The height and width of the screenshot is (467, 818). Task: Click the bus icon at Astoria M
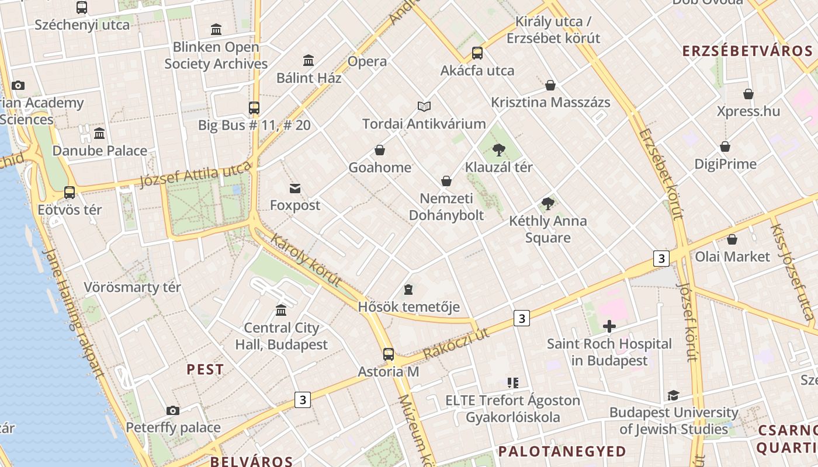pyautogui.click(x=388, y=354)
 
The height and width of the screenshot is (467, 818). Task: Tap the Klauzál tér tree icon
pyautogui.click(x=498, y=150)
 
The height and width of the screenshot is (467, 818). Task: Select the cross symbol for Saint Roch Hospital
pyautogui.click(x=609, y=326)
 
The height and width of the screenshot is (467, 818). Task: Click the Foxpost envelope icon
pyautogui.click(x=295, y=188)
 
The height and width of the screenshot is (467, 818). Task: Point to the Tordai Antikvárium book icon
pyautogui.click(x=424, y=106)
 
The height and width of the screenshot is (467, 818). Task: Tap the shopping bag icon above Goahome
pyautogui.click(x=380, y=150)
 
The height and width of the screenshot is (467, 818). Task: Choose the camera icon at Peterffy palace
pyautogui.click(x=173, y=410)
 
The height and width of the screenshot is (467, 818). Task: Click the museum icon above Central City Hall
pyautogui.click(x=281, y=310)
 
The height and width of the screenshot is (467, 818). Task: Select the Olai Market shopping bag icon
pyautogui.click(x=732, y=239)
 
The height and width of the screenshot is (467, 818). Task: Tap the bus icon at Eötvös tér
pyautogui.click(x=70, y=192)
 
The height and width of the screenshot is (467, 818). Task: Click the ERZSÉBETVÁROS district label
pyautogui.click(x=747, y=51)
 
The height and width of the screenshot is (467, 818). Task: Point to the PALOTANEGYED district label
pyautogui.click(x=562, y=451)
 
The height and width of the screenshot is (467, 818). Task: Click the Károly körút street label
pyautogui.click(x=306, y=260)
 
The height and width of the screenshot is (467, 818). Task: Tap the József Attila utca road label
pyautogui.click(x=196, y=175)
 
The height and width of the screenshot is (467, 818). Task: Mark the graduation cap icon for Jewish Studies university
pyautogui.click(x=674, y=395)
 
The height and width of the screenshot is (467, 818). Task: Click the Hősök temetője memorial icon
pyautogui.click(x=408, y=290)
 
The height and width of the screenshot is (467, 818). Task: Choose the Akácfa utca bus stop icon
pyautogui.click(x=477, y=53)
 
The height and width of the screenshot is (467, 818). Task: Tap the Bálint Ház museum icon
pyautogui.click(x=309, y=60)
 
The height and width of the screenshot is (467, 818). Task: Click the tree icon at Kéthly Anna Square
pyautogui.click(x=547, y=204)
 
